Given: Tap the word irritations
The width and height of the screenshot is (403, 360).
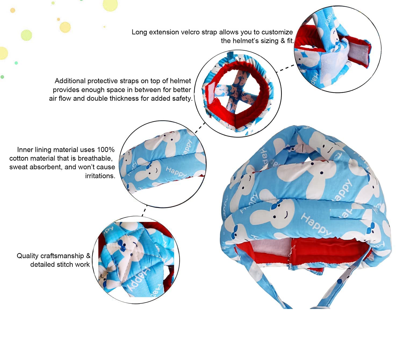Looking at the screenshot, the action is click(x=100, y=176).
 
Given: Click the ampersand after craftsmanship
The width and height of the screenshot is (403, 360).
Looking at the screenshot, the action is click(x=88, y=256).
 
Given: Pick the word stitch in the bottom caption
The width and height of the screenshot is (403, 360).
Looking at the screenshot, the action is click(x=65, y=265).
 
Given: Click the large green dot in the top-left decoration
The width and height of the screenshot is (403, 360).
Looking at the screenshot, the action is click(x=26, y=35).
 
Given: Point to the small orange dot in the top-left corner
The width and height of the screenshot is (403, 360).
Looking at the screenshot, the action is click(x=13, y=10).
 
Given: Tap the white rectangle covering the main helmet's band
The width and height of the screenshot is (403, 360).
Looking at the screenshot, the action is click(x=351, y=214).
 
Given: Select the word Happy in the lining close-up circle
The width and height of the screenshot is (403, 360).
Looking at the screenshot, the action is click(x=176, y=172).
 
